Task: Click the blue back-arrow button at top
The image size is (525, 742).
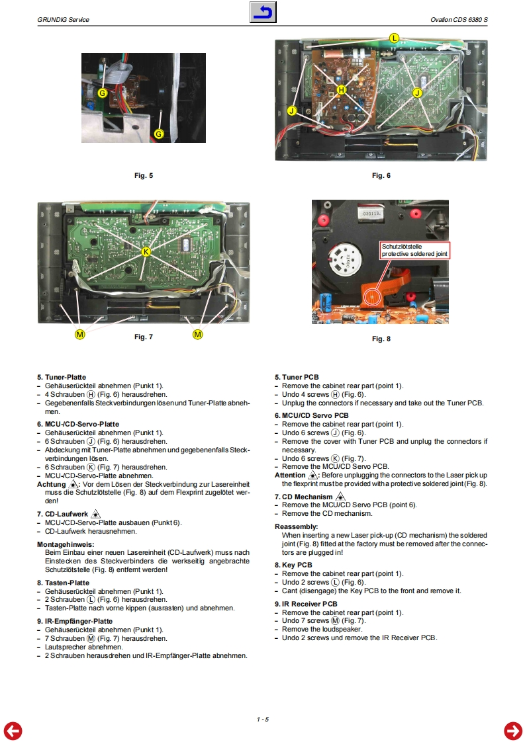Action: tap(263, 12)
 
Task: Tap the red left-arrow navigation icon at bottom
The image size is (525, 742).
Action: tap(13, 730)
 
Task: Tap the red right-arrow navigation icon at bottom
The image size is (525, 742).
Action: tap(512, 730)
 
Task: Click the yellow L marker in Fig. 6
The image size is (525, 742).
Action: tap(394, 38)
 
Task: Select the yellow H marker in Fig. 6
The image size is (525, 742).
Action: tap(342, 89)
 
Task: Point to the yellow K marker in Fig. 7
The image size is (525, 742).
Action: tap(146, 252)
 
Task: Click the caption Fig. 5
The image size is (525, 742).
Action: tap(144, 175)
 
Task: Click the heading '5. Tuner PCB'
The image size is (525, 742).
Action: tap(297, 378)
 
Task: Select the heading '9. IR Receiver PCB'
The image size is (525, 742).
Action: tap(306, 604)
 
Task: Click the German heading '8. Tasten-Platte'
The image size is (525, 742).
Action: tap(63, 583)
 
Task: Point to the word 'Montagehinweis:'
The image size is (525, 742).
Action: tap(65, 544)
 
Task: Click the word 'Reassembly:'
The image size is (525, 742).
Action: tap(297, 527)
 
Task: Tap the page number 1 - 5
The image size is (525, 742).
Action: tap(263, 719)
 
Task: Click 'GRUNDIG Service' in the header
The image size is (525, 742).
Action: tap(64, 19)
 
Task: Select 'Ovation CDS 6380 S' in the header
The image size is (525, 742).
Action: tap(459, 19)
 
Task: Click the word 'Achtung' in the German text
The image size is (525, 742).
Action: tap(52, 484)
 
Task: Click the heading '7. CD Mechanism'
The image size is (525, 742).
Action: tap(304, 497)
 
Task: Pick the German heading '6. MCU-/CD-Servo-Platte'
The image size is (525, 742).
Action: tap(77, 424)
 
